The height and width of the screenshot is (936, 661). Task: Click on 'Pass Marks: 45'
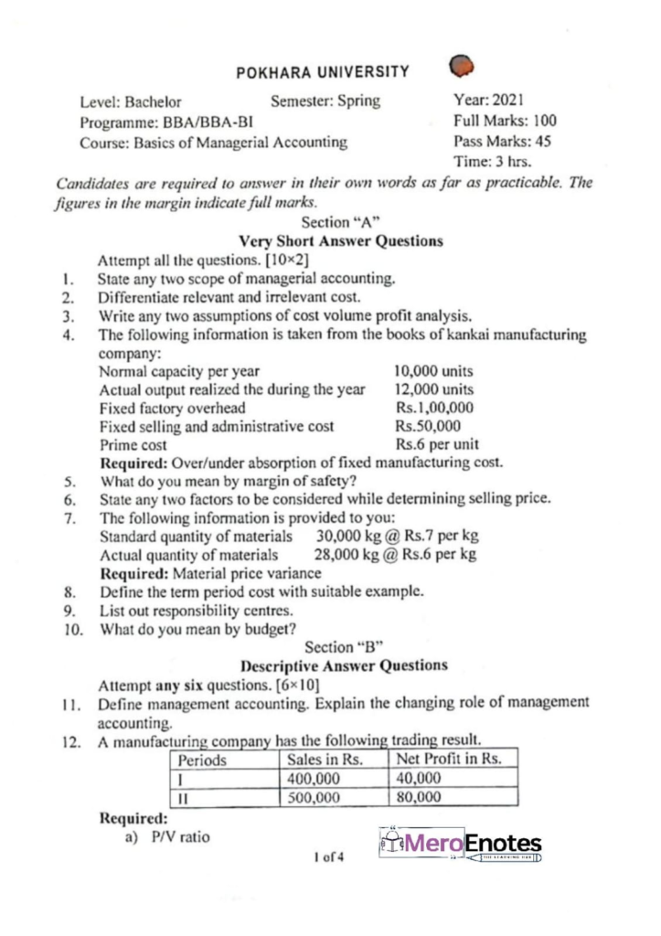[x=502, y=142]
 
